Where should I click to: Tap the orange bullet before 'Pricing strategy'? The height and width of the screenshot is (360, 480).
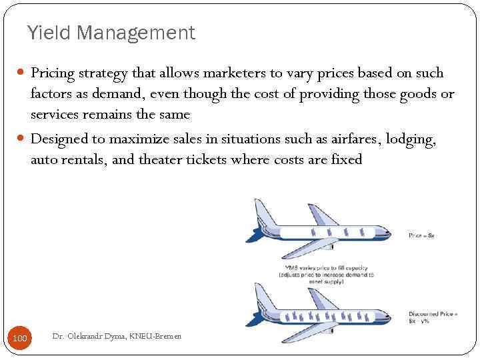(22, 73)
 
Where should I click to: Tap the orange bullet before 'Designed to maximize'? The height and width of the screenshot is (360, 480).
(22, 139)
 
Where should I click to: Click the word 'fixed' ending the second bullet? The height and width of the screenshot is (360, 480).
(346, 160)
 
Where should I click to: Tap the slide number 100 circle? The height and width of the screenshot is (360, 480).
(20, 339)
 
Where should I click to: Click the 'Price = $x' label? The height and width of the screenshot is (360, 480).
(421, 235)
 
